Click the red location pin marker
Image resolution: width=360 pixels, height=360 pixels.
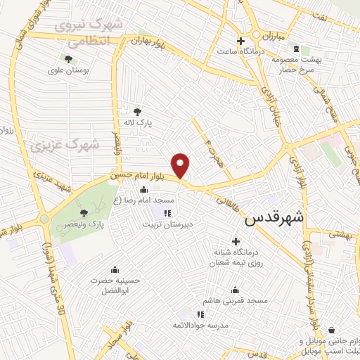181,165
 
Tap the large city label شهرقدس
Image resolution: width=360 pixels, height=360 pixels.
274,219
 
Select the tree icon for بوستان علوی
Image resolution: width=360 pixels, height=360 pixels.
68,60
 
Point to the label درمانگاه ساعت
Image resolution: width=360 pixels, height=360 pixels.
238,51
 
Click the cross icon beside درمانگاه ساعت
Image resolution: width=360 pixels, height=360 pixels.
240,39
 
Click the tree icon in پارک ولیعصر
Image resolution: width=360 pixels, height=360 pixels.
84,212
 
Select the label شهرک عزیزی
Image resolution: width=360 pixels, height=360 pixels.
65,145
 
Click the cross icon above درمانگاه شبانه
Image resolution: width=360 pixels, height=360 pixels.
236,241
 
